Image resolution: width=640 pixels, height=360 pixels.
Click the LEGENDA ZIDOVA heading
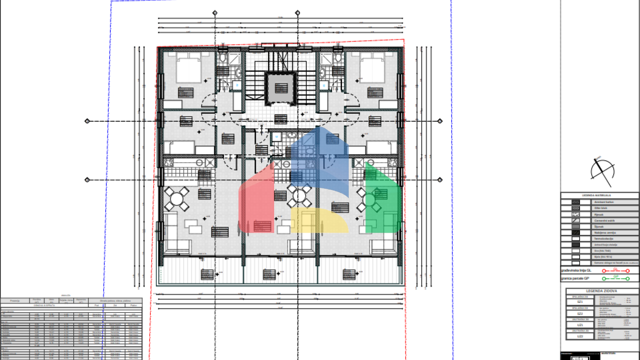tap(601, 291)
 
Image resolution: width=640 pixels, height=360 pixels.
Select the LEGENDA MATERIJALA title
tap(596, 195)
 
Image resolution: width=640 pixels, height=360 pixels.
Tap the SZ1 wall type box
tap(580, 301)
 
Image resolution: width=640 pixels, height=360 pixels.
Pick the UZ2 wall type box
tap(580, 336)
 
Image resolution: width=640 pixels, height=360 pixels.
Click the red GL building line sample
tap(615, 271)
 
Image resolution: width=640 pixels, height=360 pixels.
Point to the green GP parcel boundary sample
tap(615, 278)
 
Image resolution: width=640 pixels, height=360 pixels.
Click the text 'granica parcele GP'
tap(575, 278)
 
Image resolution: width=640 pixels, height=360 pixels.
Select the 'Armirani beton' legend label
tap(604, 202)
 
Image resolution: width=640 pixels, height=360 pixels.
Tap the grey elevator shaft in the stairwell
tap(281, 88)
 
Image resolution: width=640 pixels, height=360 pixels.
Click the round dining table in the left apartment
tap(177, 198)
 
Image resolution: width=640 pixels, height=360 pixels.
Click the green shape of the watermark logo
tap(382, 200)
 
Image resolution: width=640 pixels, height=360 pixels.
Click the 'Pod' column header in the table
tap(96, 305)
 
